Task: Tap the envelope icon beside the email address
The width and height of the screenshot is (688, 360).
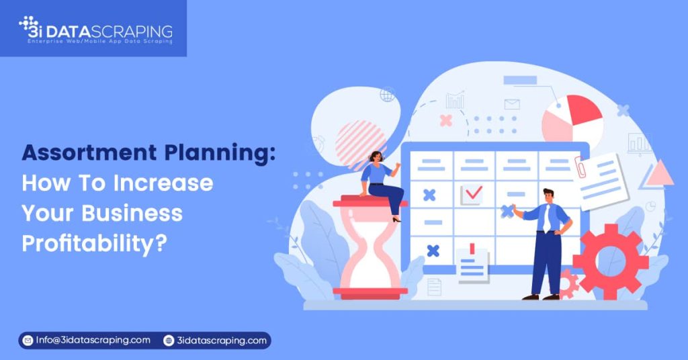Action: coord(28,341)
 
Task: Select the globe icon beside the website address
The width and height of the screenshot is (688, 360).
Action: coord(169,341)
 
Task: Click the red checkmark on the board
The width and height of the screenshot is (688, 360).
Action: coord(473,193)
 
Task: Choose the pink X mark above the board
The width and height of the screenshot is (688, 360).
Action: coord(445,120)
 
